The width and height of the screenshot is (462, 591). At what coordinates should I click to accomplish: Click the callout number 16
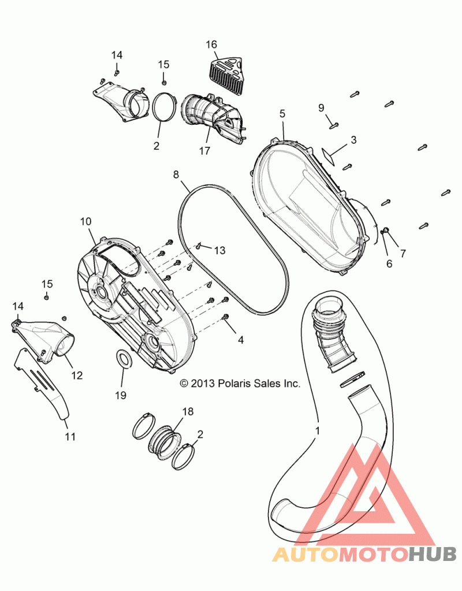211,44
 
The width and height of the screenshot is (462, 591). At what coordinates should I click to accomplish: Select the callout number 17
204,151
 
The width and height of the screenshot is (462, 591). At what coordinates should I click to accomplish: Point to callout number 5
282,113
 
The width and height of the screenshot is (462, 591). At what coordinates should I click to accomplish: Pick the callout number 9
321,108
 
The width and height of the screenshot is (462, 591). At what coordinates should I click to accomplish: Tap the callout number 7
403,253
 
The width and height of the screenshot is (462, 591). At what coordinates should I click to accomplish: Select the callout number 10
86,221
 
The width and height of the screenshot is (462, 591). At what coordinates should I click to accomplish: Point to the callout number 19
121,395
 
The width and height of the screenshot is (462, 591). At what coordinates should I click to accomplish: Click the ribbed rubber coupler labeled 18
163,440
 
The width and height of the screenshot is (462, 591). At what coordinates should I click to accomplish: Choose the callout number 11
70,437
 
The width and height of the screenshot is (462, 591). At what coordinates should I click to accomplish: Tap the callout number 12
77,376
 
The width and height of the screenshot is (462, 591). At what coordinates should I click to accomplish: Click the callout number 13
219,250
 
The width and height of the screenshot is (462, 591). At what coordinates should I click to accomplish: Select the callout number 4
241,340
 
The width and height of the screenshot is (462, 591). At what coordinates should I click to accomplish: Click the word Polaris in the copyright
235,384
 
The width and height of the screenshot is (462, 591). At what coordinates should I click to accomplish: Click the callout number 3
353,140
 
